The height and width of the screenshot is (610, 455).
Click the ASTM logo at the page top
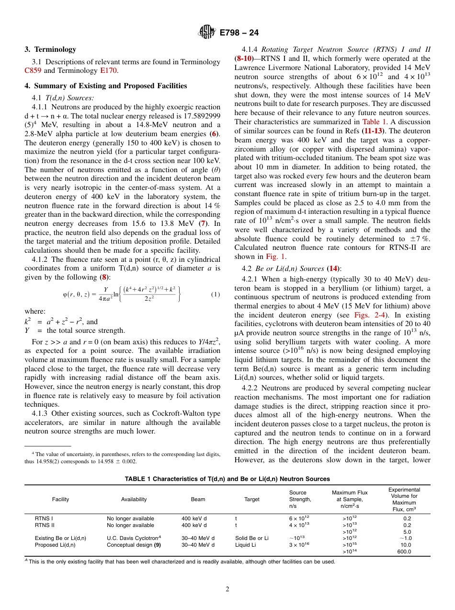pyautogui.click(x=207, y=32)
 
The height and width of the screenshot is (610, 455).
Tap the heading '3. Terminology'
pyautogui.click(x=50, y=49)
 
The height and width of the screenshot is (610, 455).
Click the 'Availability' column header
pyautogui.click(x=134, y=499)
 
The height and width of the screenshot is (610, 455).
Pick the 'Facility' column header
pyautogui.click(x=60, y=499)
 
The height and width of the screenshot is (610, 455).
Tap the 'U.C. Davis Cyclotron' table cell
pyautogui.click(x=134, y=538)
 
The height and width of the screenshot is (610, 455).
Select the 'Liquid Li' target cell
pyautogui.click(x=245, y=545)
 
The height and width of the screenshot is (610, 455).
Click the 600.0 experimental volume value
pyautogui.click(x=404, y=551)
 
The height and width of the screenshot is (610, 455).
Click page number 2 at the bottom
pyautogui.click(x=227, y=589)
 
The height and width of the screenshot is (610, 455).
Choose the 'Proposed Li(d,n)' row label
pyautogui.click(x=55, y=545)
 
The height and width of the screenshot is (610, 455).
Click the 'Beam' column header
pyautogui.click(x=198, y=499)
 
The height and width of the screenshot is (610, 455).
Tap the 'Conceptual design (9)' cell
pyautogui.click(x=134, y=545)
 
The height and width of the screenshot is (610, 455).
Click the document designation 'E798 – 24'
pyautogui.click(x=239, y=33)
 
